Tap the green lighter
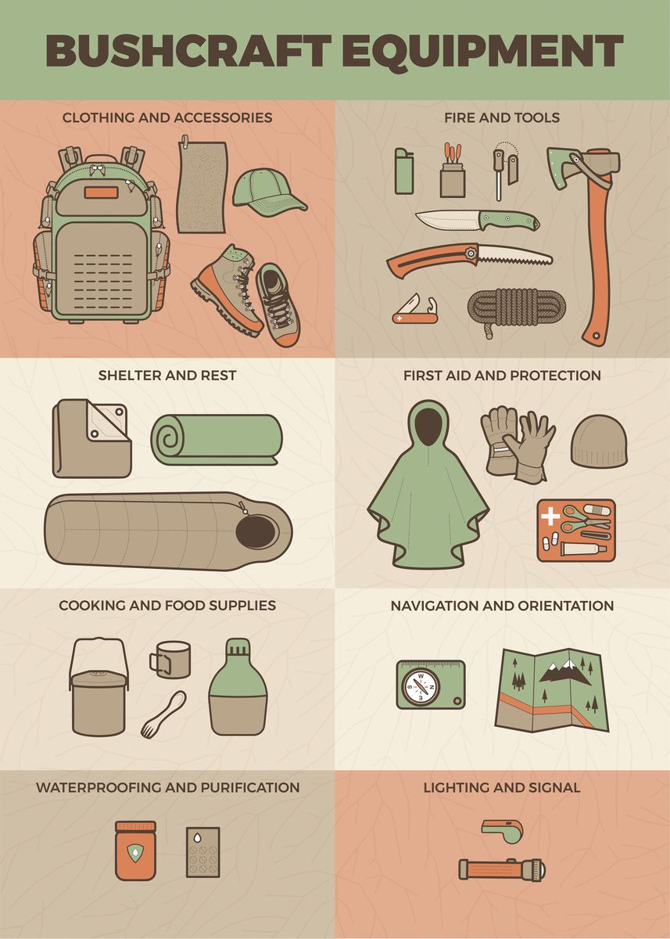(402, 172)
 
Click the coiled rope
(516, 307)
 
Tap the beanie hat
(598, 442)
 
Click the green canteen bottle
(238, 689)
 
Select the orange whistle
(502, 831)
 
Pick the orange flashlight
(501, 869)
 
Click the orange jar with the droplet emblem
(135, 851)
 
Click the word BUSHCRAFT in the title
(188, 50)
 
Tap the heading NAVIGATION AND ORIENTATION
(502, 606)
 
